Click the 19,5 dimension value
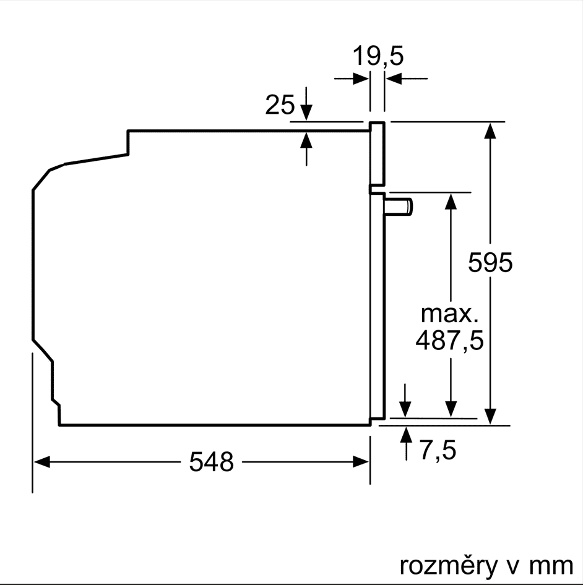pos(378,56)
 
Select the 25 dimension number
pos(280,105)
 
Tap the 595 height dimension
pos(490,262)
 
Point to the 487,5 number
pos(450,340)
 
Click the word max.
pos(450,314)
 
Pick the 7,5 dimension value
pos(438,450)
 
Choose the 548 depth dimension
pos(212,462)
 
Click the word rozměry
pos(449,565)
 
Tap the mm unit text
pos(551,566)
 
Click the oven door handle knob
pos(399,207)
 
